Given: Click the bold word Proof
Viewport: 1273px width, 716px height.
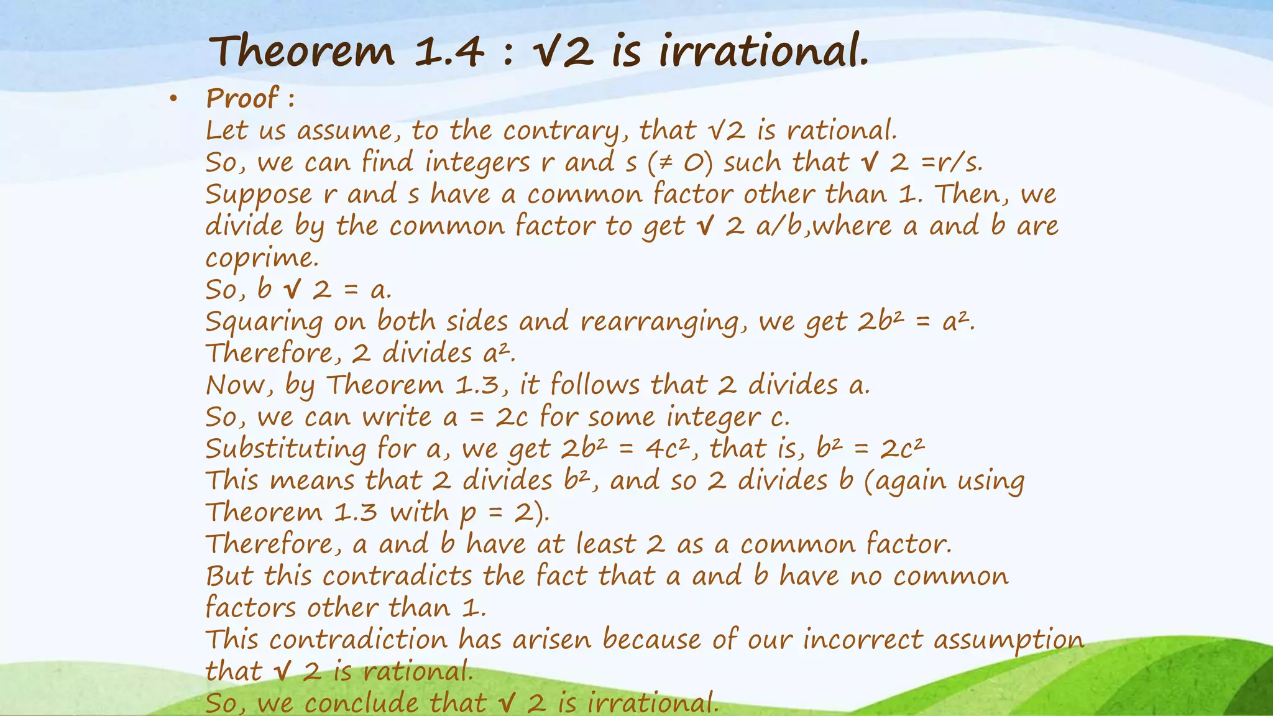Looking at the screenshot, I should click(242, 98).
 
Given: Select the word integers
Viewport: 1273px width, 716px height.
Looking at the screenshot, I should click(477, 163).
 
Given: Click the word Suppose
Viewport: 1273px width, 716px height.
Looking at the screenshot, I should click(259, 195).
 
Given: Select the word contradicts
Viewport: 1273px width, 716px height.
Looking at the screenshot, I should click(397, 576).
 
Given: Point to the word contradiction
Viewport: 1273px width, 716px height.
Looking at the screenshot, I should click(357, 640).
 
